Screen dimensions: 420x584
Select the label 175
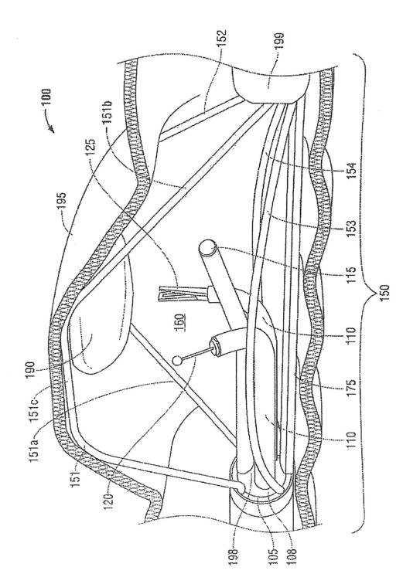(350, 388)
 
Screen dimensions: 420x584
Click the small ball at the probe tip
(179, 361)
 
